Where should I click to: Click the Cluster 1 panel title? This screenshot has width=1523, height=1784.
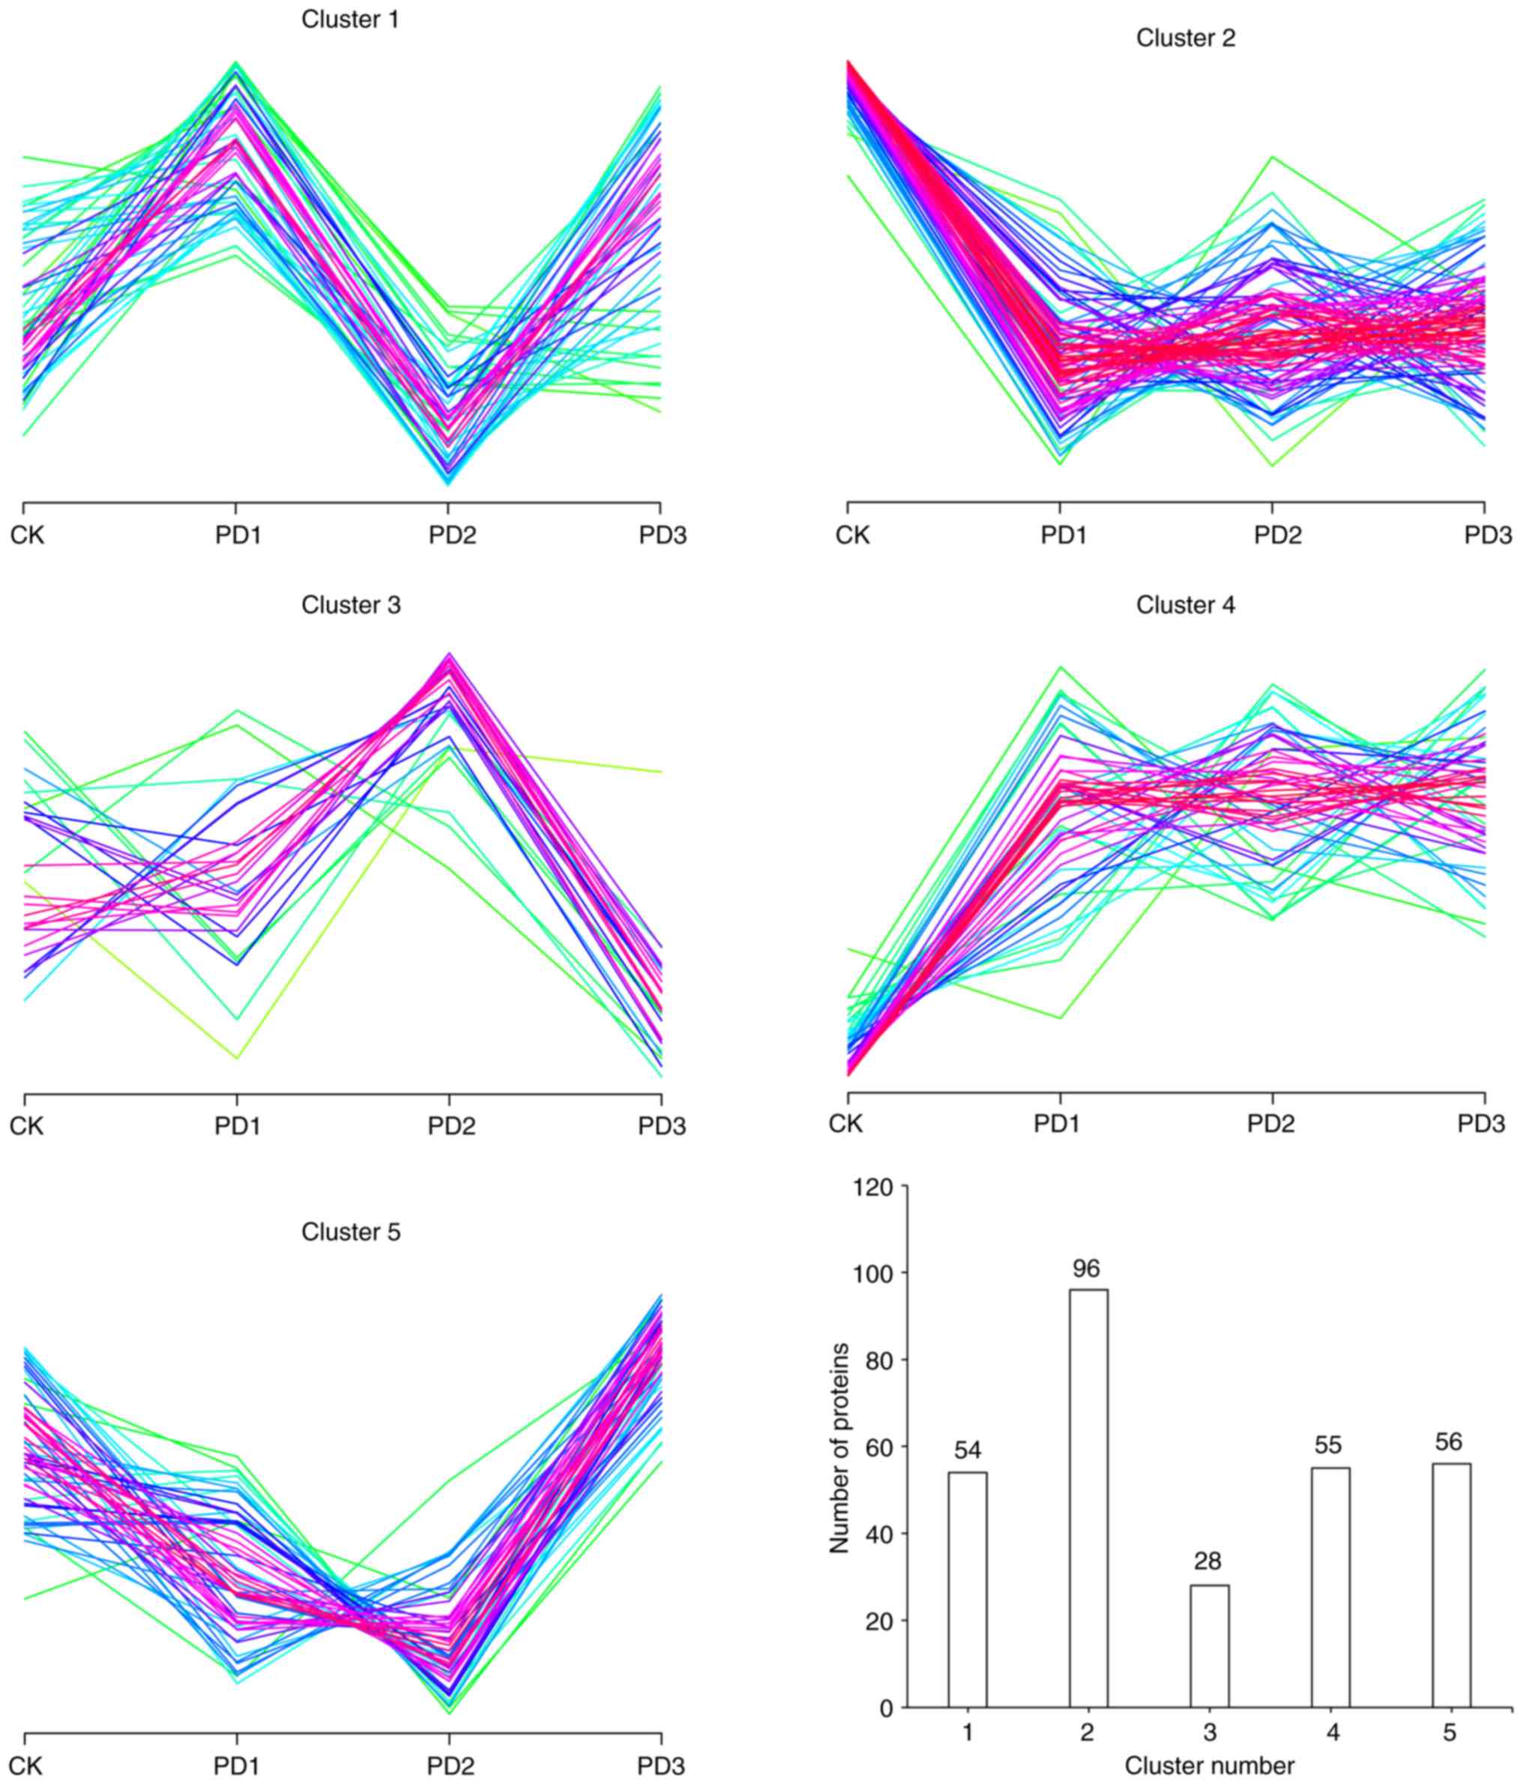tap(350, 19)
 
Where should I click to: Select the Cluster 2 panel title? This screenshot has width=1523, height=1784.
tap(1185, 39)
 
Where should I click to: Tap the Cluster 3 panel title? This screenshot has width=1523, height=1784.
tap(351, 605)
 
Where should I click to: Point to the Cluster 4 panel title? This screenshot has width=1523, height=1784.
tap(1185, 605)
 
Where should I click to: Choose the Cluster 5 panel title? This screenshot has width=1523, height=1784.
tap(351, 1232)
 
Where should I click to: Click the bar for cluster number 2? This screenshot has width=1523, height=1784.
tap(1088, 1498)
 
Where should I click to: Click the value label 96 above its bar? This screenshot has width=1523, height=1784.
tap(1086, 1269)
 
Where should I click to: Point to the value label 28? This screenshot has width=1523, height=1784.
tap(1207, 1561)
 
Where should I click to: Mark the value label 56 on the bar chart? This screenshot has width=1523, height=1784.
tap(1449, 1442)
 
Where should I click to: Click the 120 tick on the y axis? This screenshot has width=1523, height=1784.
tap(872, 1188)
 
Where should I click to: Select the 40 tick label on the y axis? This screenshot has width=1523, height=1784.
tap(881, 1534)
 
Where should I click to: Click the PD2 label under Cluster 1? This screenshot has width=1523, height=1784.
tap(452, 536)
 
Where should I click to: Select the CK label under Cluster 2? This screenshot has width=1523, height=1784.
tap(853, 536)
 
